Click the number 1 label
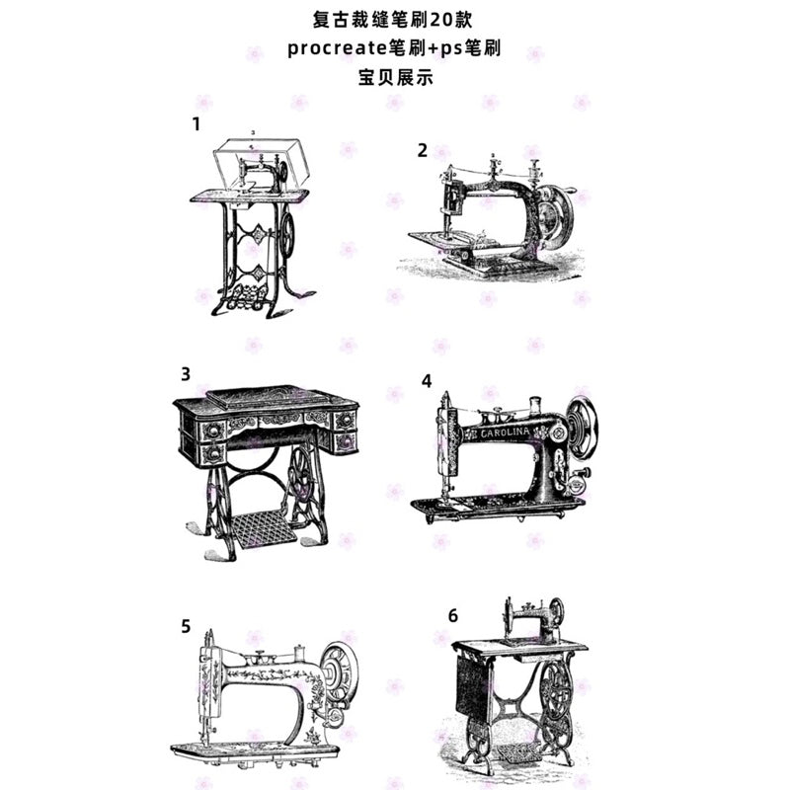[197, 124]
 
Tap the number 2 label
[423, 150]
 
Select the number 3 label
[186, 374]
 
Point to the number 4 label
[426, 380]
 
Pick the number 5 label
[186, 625]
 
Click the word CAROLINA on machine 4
[505, 433]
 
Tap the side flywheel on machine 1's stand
[287, 235]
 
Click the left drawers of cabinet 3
[212, 440]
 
